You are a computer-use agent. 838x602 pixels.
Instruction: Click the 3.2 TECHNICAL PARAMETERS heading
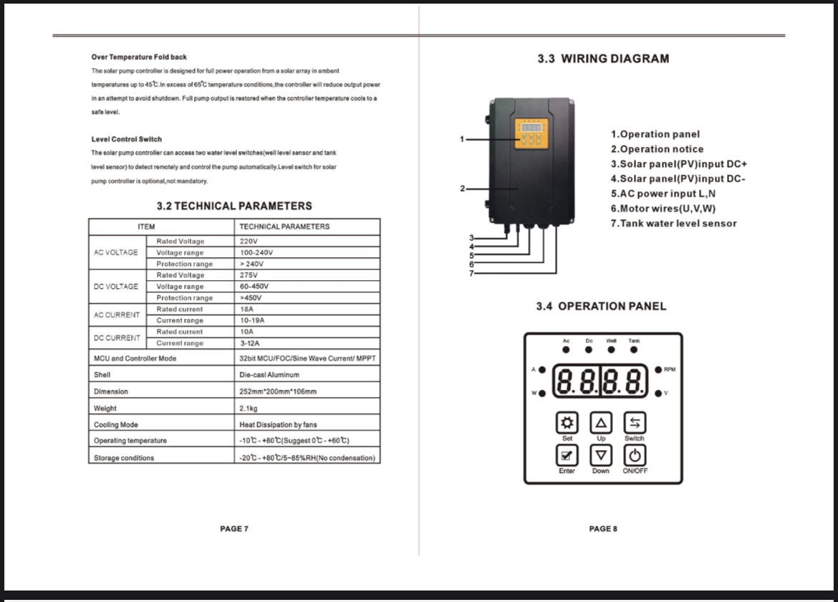[x=234, y=206]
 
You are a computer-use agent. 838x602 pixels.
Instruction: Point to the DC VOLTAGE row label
[x=116, y=287]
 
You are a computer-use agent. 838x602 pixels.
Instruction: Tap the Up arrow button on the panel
[x=601, y=422]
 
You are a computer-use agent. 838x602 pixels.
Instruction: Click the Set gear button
[x=567, y=422]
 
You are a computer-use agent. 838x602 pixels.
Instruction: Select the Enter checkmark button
[x=567, y=454]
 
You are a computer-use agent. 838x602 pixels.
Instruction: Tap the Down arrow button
[x=601, y=454]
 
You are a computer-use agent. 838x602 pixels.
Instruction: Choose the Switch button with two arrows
[x=634, y=422]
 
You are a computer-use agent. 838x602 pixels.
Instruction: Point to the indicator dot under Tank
[x=634, y=350]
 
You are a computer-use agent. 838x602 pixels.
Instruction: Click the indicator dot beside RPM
[x=658, y=370]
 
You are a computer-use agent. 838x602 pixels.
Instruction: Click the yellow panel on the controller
[x=531, y=133]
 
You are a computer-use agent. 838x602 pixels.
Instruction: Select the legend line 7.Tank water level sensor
[x=673, y=224]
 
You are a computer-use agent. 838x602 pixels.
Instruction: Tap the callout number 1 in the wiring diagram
[x=463, y=139]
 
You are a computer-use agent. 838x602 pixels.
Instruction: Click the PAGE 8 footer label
[x=602, y=529]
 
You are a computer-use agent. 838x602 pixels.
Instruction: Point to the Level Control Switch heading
[x=127, y=139]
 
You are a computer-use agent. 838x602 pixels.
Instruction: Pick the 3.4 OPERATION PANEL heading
[x=601, y=307]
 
